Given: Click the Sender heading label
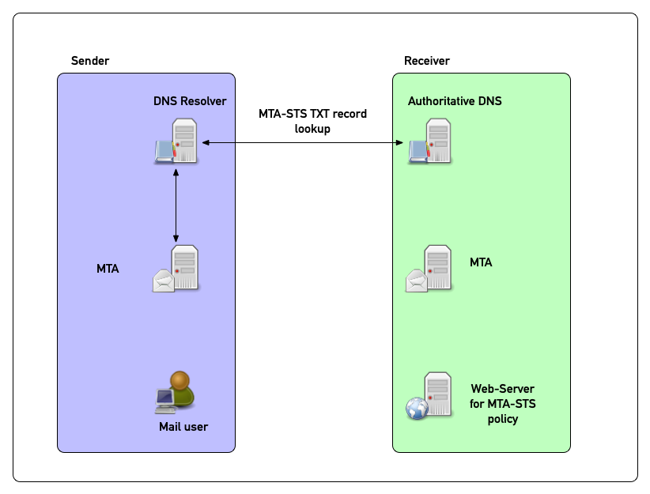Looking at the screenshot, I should (x=90, y=61).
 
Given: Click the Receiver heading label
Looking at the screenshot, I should (x=427, y=61).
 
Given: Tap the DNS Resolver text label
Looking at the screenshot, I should (x=190, y=101).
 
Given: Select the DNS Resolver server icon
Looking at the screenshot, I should (x=177, y=141).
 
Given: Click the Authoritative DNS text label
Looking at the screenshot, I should (x=455, y=101).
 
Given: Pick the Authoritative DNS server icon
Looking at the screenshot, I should (x=431, y=141).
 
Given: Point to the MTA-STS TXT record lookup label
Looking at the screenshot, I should (x=312, y=121).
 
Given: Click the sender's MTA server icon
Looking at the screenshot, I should (x=177, y=270).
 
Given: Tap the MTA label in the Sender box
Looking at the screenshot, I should (x=108, y=269).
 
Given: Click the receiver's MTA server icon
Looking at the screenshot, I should (x=430, y=270).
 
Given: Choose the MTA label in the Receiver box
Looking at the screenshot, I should (x=481, y=262).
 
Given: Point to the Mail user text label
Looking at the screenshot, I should (x=183, y=427).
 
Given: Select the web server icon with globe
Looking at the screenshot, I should (x=430, y=396).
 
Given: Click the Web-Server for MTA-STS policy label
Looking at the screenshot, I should (x=502, y=404).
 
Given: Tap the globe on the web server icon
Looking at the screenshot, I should (x=417, y=409).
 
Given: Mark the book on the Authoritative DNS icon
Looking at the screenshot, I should (x=417, y=151).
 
